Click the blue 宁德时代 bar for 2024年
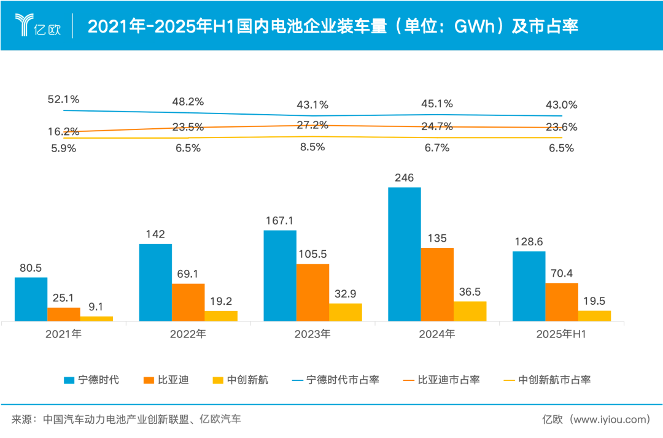tap(404, 254)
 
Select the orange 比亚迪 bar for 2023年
tap(312, 292)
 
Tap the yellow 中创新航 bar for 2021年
tap(96, 318)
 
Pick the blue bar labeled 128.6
tap(529, 286)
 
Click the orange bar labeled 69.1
tap(188, 302)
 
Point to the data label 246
tap(405, 178)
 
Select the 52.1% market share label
tap(64, 99)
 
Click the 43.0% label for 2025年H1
tap(561, 105)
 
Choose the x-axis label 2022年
tap(188, 334)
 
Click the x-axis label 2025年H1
tap(561, 334)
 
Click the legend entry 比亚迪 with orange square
tap(174, 380)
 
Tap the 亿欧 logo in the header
tap(38, 25)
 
